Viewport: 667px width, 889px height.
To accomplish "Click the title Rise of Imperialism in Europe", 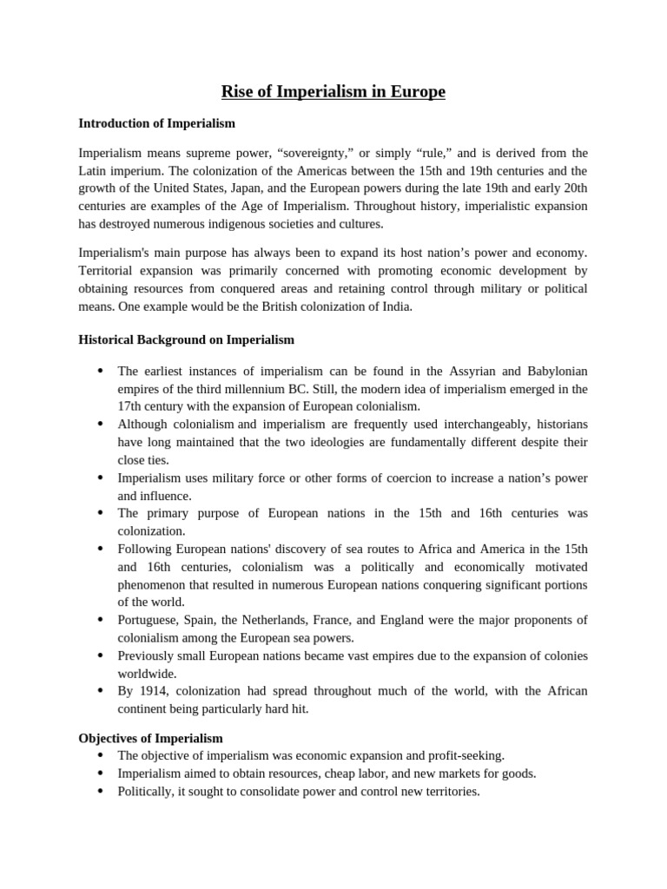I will [x=333, y=91].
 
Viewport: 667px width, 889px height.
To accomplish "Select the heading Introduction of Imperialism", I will [x=156, y=123].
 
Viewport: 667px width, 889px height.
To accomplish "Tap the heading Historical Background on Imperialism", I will [x=186, y=339].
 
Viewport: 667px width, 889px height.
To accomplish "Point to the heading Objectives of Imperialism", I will [x=150, y=738].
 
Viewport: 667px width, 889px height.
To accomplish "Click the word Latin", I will [x=94, y=171].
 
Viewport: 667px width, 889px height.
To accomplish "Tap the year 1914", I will [x=151, y=691].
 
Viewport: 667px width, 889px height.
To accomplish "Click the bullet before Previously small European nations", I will [x=100, y=655].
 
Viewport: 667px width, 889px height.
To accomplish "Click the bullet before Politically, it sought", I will [x=100, y=792].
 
